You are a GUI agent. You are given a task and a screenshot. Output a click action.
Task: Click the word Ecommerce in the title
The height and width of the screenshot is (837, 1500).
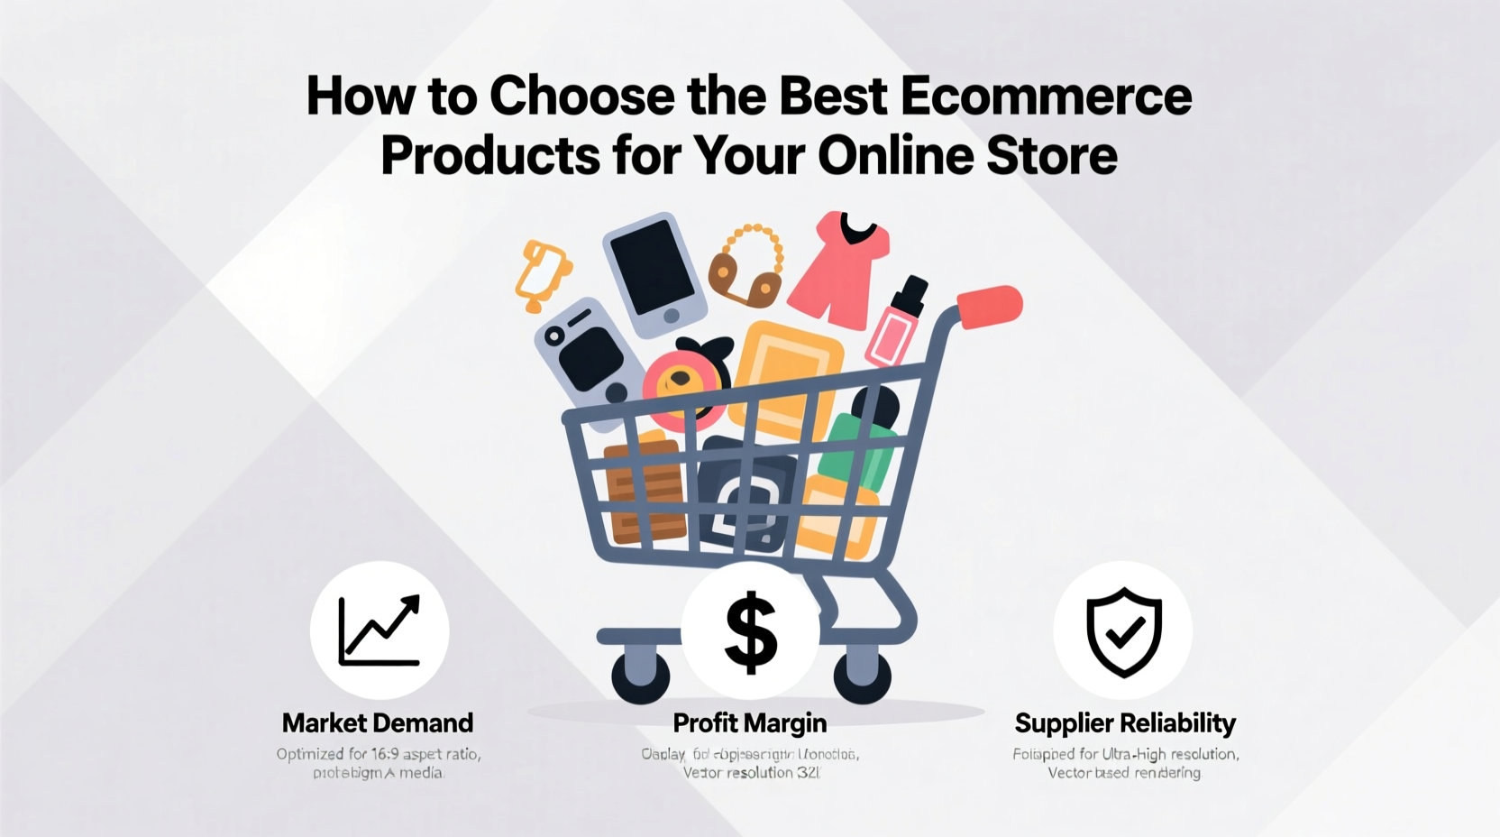1045,97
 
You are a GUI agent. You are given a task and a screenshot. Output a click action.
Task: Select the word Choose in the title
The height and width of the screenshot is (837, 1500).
582,97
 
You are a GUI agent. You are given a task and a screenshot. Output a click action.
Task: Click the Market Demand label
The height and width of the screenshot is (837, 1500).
377,722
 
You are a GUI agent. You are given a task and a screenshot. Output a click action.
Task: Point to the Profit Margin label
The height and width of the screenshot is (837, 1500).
749,722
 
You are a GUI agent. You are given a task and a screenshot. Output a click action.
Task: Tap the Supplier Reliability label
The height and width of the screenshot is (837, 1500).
1124,722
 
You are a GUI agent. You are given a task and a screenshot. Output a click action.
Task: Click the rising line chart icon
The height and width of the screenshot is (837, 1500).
380,630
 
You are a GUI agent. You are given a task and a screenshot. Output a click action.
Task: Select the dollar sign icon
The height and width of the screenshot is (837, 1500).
750,631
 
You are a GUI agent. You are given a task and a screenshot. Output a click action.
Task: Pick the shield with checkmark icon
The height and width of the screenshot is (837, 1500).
1123,631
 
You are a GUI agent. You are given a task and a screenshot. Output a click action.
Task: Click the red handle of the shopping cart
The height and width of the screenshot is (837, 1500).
990,307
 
